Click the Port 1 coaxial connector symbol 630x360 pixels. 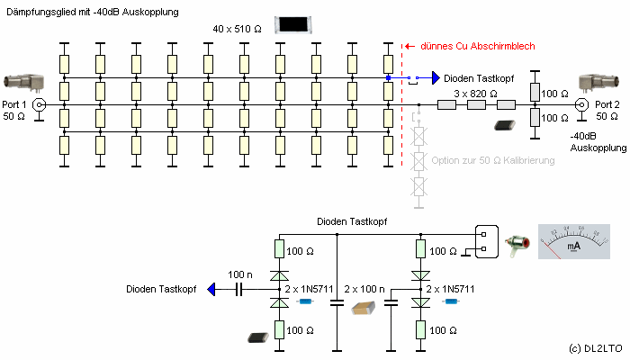pos(39,105)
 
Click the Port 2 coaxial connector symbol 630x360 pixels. pos(581,105)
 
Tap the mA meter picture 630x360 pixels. pos(574,241)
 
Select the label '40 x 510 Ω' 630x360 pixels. pos(237,29)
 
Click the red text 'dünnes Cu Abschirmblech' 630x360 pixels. pos(478,46)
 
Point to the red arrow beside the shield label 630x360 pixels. pos(409,46)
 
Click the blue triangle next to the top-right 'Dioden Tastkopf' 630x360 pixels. pos(436,78)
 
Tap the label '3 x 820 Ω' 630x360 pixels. pos(476,94)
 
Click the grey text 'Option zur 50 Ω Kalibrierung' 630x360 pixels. pos(493,160)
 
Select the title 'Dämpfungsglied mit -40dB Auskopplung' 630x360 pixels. pos(93,12)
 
